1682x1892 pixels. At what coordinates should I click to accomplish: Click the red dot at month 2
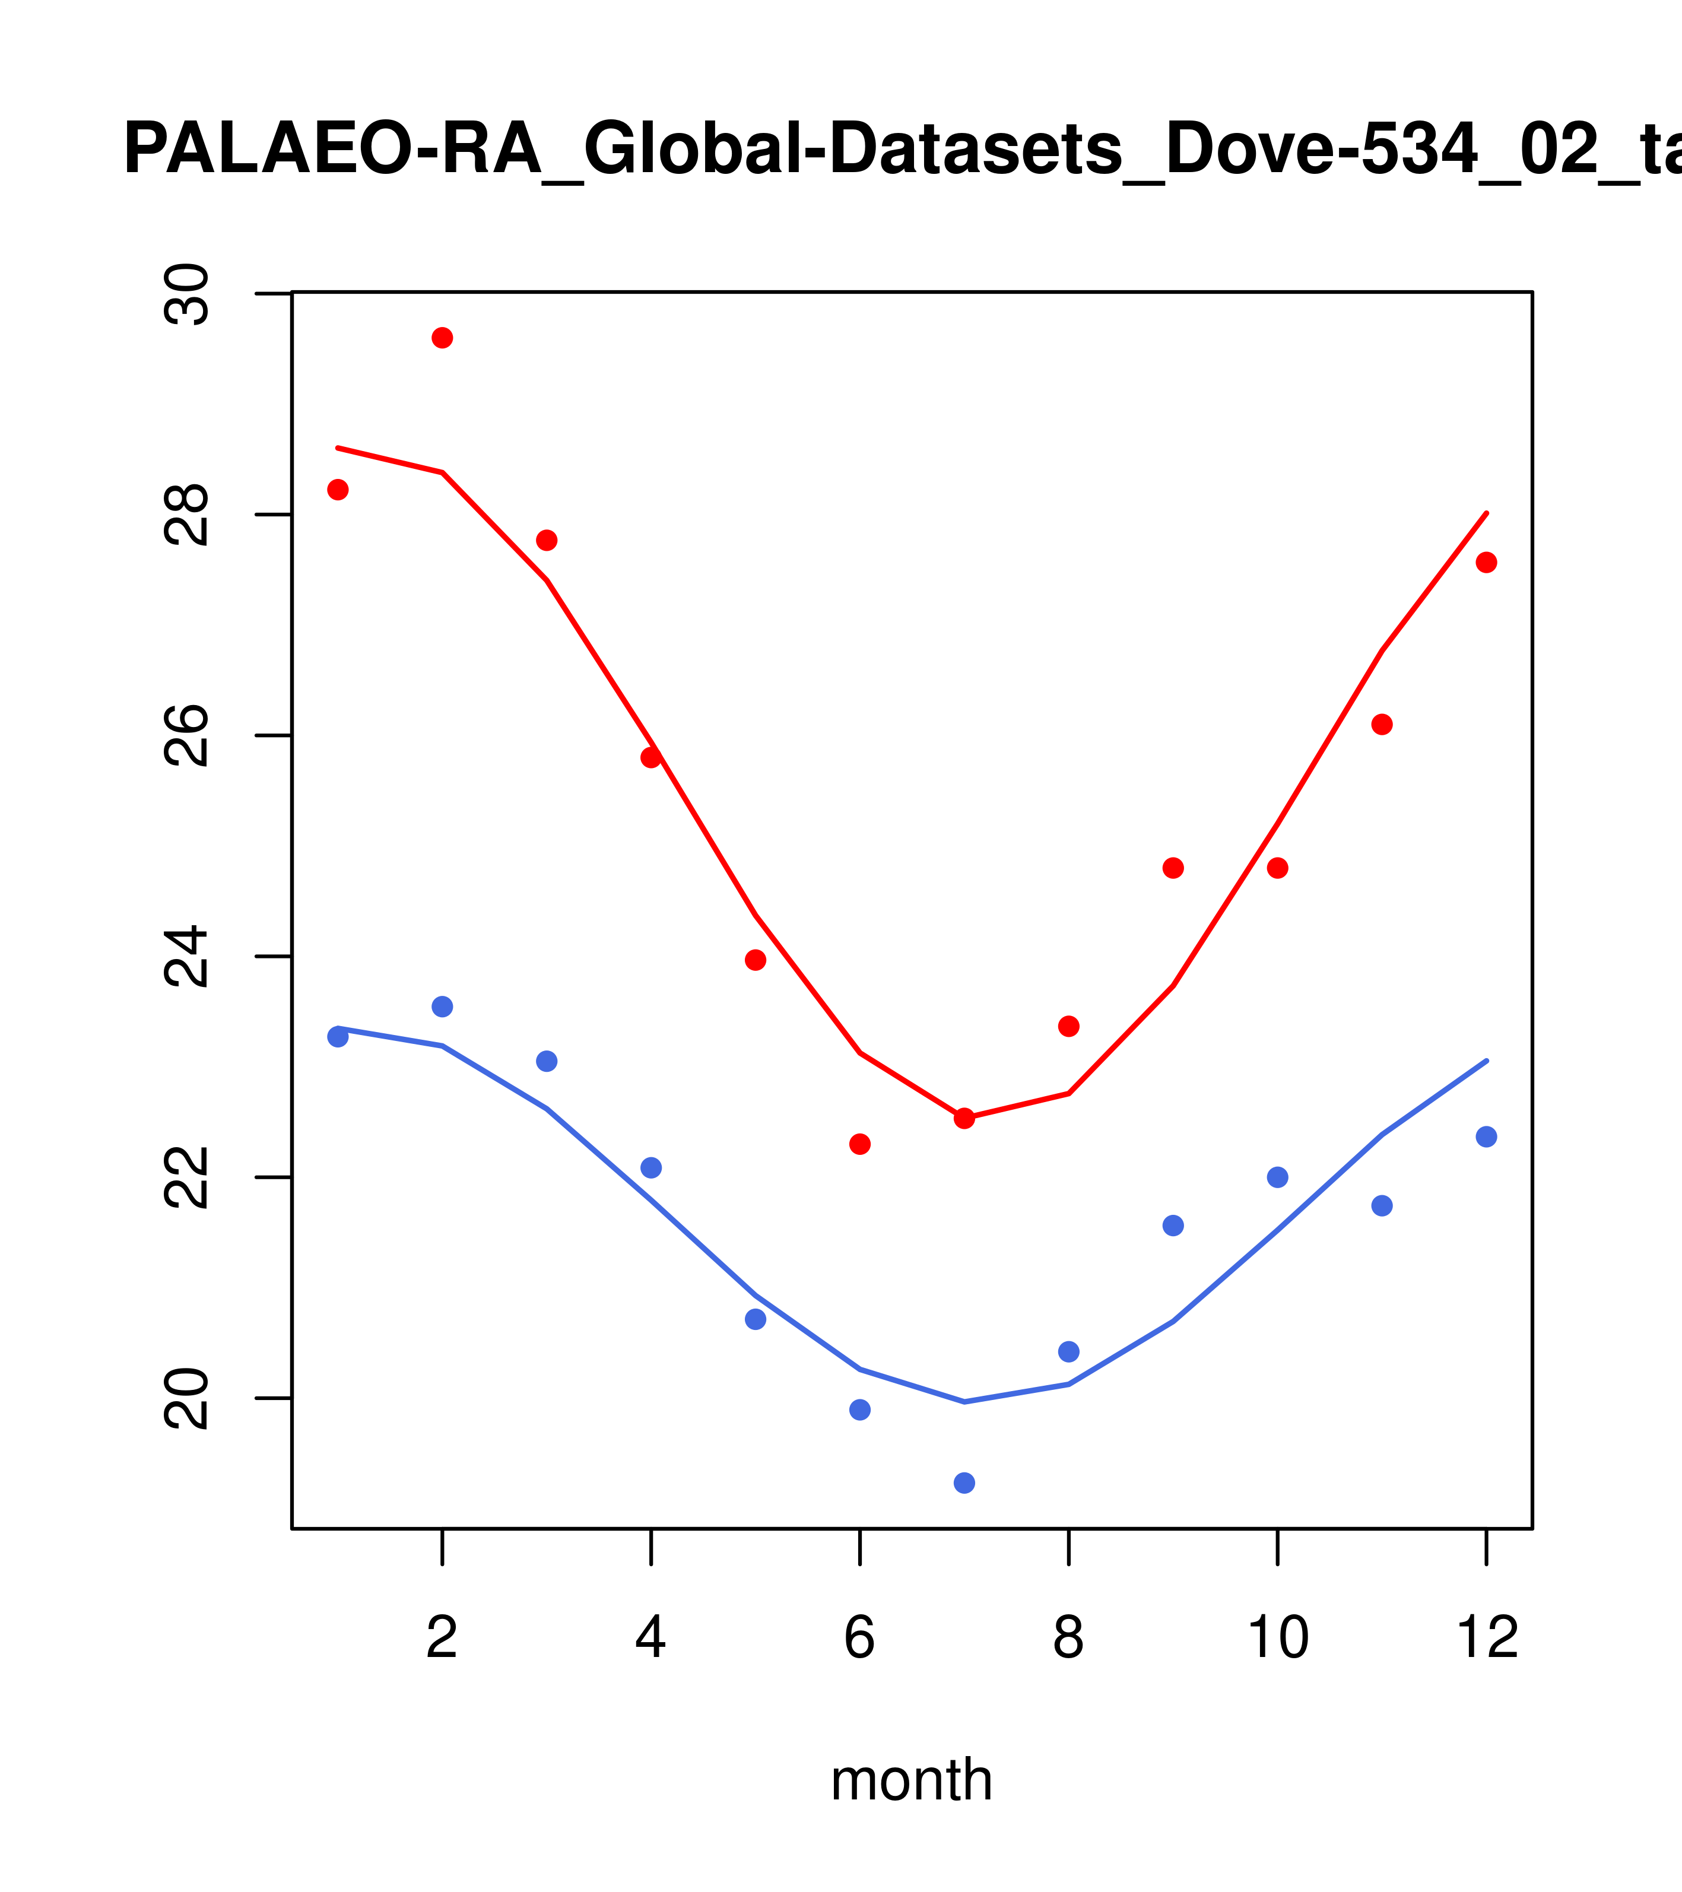click(x=443, y=338)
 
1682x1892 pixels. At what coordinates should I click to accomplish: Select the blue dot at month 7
click(x=964, y=1483)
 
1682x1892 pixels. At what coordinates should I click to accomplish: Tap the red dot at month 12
click(x=1487, y=563)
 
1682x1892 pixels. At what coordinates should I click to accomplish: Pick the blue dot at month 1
click(x=338, y=1037)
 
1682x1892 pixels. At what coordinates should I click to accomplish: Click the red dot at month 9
click(x=1173, y=868)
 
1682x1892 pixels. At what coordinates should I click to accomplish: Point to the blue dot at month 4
click(x=652, y=1167)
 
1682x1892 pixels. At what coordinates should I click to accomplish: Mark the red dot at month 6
click(x=860, y=1144)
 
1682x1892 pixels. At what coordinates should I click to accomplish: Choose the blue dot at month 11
click(x=1382, y=1205)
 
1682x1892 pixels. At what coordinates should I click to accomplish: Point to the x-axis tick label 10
click(x=1277, y=1639)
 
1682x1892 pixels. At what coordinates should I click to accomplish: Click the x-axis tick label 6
click(x=860, y=1639)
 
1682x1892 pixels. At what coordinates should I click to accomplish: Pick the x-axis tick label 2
click(x=443, y=1639)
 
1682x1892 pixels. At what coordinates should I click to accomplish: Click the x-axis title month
click(x=912, y=1780)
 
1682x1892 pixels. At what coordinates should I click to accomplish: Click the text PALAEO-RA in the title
click(x=332, y=150)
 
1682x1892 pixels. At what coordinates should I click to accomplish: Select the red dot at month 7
click(x=964, y=1118)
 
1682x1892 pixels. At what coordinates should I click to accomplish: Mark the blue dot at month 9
click(x=1173, y=1226)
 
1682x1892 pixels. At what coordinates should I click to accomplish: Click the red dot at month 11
click(x=1382, y=724)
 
